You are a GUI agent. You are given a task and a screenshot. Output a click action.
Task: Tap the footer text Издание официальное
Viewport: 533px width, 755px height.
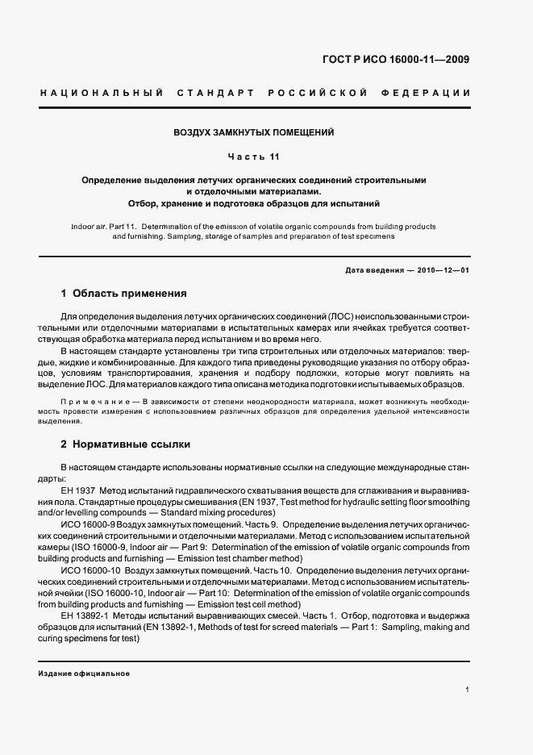[84, 673]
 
